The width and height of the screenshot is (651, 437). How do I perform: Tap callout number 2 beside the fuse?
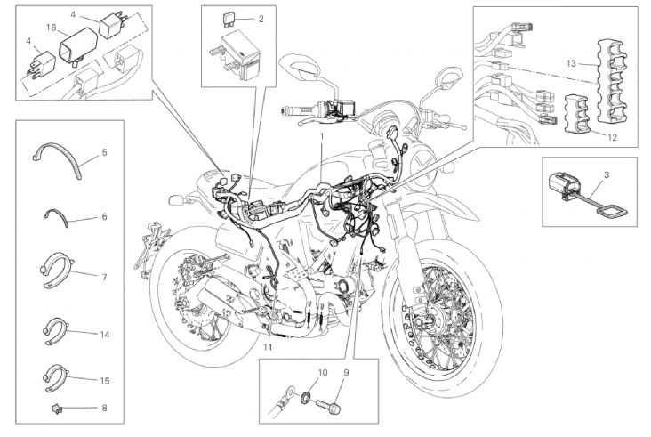[x=261, y=19]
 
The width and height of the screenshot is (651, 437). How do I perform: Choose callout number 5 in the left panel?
[x=104, y=153]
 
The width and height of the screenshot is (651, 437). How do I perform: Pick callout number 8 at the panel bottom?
[x=104, y=409]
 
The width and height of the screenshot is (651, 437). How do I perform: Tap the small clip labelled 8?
[x=58, y=409]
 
